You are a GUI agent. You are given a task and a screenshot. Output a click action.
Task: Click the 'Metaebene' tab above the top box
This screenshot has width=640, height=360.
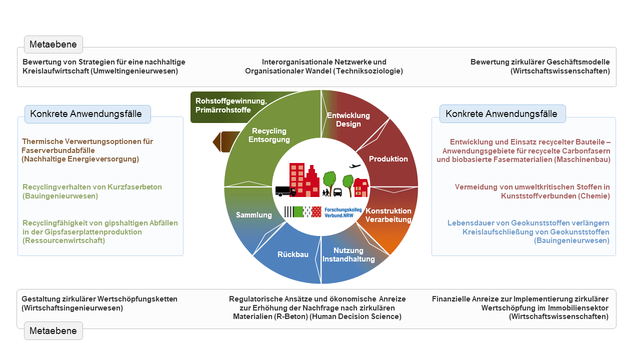(x=53, y=44)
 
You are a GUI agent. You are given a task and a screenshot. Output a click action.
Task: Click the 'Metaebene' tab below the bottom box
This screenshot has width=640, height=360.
(x=53, y=331)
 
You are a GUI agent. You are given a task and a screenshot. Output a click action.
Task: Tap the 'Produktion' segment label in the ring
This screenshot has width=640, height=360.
(x=388, y=159)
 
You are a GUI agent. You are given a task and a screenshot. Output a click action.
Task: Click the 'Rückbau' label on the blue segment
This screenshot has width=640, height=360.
(x=293, y=254)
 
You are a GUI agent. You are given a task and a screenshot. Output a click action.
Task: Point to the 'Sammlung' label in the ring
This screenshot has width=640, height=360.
(x=253, y=215)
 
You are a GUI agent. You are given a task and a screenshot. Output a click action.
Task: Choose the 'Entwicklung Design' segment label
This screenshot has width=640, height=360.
(x=348, y=119)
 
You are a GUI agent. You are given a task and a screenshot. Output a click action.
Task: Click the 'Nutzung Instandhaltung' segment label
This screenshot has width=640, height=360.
(x=348, y=254)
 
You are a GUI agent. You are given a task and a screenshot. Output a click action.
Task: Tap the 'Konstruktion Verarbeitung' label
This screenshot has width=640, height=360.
(x=388, y=215)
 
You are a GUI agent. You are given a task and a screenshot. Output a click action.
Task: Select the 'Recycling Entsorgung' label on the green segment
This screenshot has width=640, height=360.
(x=269, y=135)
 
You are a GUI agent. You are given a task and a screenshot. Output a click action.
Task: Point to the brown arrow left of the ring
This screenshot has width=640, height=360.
(x=225, y=141)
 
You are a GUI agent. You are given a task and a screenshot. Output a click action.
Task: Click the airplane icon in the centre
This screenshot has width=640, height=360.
(x=355, y=166)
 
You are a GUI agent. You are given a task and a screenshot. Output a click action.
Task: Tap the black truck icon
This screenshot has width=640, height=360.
(x=285, y=191)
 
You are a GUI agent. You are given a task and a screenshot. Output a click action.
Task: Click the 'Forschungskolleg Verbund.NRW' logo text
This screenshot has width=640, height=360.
(x=343, y=212)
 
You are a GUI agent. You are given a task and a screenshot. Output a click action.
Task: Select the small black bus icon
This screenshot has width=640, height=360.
(x=337, y=192)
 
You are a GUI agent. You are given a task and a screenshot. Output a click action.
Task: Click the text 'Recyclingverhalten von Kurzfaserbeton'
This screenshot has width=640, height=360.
(x=92, y=187)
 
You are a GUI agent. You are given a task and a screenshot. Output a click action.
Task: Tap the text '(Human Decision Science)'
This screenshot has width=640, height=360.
(x=355, y=316)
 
